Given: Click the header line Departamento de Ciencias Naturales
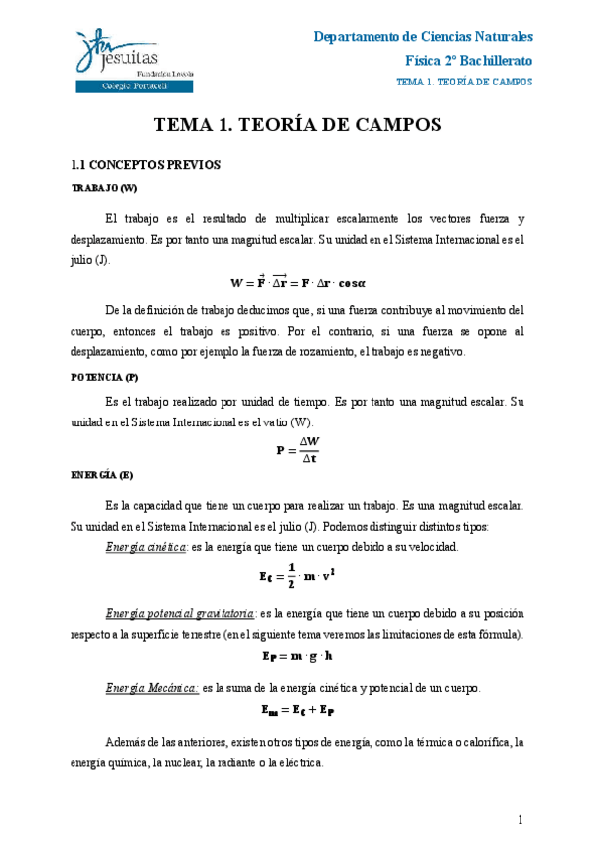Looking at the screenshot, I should coord(423,37).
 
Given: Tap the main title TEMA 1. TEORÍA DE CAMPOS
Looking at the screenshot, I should coord(298,125).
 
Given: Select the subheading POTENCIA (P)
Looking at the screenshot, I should coord(105,378).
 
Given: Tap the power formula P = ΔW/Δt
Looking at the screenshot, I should coord(298,448).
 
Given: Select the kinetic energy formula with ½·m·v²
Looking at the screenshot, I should coord(298,573).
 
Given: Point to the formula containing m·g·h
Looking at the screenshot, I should coord(298,657).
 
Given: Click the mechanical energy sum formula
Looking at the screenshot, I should coord(298,710).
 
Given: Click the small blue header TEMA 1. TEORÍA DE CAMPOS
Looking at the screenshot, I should coord(464,82).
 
